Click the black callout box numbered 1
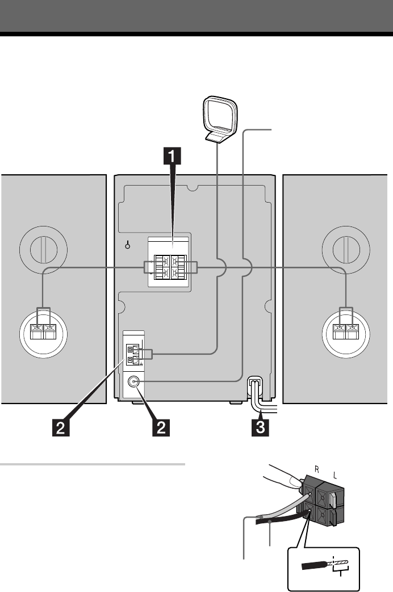tap(172, 156)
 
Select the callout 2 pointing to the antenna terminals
tap(60, 427)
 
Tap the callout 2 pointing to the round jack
tap(161, 427)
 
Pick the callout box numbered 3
tap(260, 427)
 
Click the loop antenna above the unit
tap(220, 120)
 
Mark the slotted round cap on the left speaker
tap(44, 250)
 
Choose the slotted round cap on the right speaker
tap(346, 250)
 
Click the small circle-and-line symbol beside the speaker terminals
tap(128, 245)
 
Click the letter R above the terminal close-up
tap(317, 469)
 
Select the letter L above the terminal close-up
tap(335, 476)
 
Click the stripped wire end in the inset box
tap(338, 564)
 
